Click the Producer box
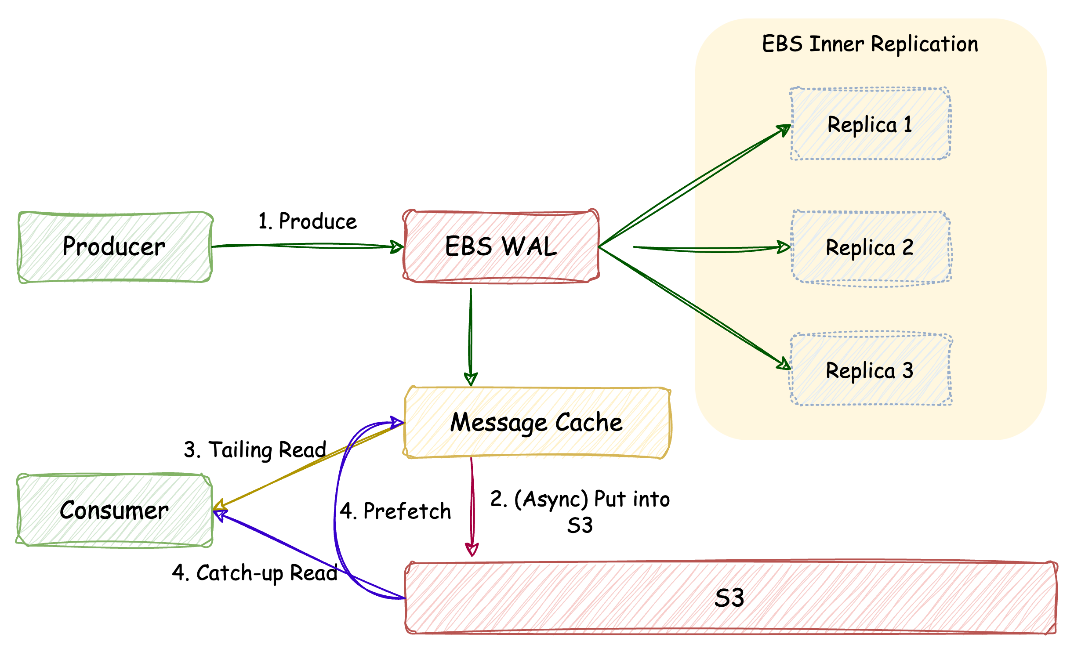[x=115, y=247]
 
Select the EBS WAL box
[x=501, y=246]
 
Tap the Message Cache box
[x=537, y=423]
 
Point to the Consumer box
[x=114, y=511]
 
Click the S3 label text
[x=729, y=598]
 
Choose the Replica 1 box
[x=870, y=124]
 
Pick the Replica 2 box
[x=870, y=247]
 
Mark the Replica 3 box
[x=870, y=370]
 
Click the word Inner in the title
[x=837, y=44]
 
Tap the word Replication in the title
[x=925, y=44]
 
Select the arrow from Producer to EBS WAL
[x=308, y=246]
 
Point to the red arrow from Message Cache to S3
[x=472, y=505]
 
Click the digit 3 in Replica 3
[x=908, y=370]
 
